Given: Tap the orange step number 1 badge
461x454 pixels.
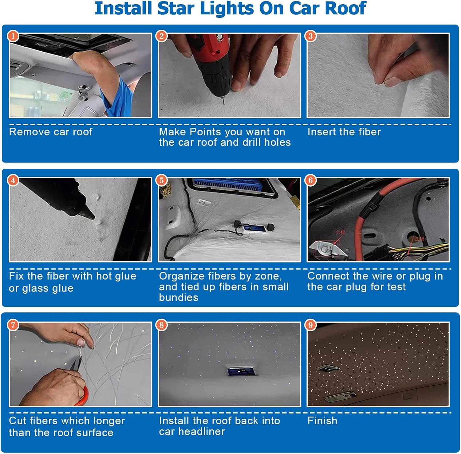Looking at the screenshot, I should (x=13, y=36).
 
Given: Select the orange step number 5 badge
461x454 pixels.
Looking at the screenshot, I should (x=162, y=180).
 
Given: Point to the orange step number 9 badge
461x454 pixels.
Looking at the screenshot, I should (x=310, y=325).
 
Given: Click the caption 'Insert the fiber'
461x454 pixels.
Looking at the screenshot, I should (x=344, y=132).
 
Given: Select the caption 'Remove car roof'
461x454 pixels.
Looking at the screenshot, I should (x=51, y=132).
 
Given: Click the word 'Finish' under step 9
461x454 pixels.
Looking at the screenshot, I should (x=322, y=421).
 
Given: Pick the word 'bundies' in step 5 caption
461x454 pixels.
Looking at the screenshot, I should (x=179, y=297).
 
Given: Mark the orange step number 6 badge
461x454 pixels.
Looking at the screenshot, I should (x=310, y=180).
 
